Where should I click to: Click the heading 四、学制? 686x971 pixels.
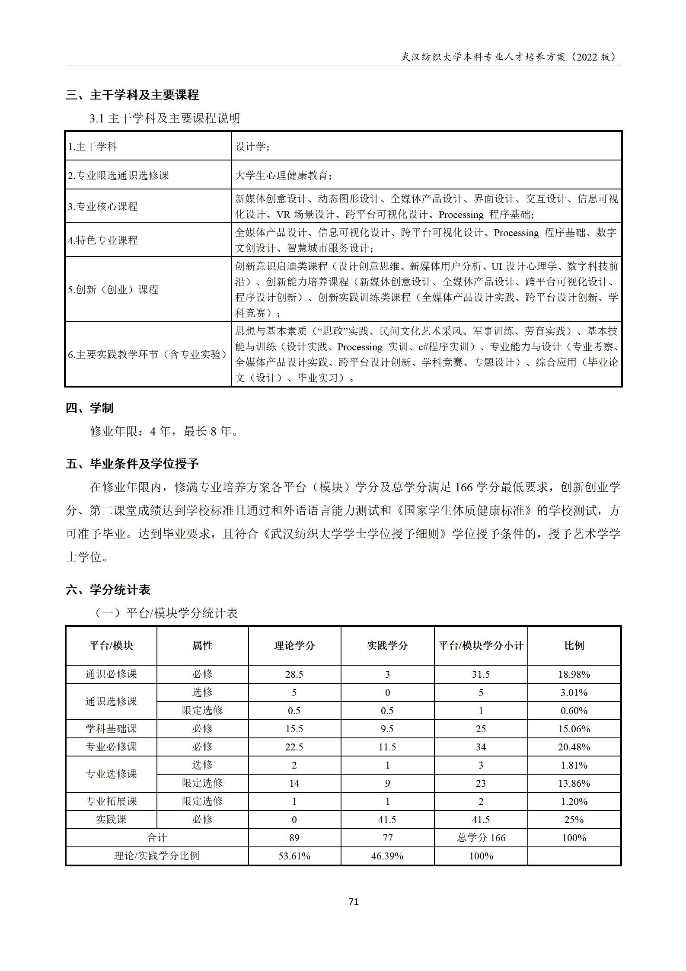tap(89, 408)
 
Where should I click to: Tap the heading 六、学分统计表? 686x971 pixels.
tap(108, 590)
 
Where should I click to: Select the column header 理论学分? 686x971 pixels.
tap(294, 646)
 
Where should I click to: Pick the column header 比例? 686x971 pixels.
tap(574, 646)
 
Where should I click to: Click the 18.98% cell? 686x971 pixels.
tap(574, 674)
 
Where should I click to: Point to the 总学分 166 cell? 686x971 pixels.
tap(481, 838)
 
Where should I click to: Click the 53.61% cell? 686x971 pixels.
tap(294, 856)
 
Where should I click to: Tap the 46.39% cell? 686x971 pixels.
tap(387, 856)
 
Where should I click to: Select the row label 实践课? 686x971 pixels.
tap(111, 820)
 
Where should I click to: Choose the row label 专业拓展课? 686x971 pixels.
tap(111, 801)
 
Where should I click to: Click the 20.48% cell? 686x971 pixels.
tap(574, 747)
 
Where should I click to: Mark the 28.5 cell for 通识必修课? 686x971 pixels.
tap(294, 674)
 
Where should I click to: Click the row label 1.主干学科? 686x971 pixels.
tap(93, 147)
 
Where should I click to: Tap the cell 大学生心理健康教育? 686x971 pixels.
tap(284, 175)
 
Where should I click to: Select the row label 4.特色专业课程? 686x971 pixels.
tap(103, 240)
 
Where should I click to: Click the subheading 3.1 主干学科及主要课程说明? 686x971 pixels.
tap(165, 118)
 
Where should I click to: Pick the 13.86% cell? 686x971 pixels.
tap(574, 783)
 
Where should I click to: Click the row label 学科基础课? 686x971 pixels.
tap(111, 729)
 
